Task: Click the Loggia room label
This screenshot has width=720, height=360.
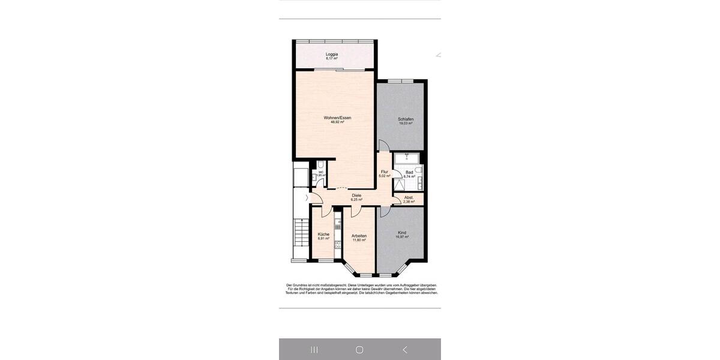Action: coord(332,54)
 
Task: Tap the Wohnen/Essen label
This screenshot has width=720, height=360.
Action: coord(337,118)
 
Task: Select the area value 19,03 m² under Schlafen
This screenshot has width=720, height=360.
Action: coord(406,123)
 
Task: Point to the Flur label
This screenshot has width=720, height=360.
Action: coord(385,172)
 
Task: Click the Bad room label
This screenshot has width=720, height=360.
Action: coord(409,172)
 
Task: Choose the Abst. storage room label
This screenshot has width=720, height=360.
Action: coord(409,197)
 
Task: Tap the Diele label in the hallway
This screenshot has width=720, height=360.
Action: coord(356,195)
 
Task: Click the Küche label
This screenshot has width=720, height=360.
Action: coord(323,234)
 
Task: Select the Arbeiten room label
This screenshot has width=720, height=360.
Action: coord(359,236)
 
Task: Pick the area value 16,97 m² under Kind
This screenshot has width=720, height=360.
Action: coord(401,237)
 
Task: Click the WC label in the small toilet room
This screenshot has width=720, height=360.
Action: coord(321,172)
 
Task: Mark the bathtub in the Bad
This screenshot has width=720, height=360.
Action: coord(407,158)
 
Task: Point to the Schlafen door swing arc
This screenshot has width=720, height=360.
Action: coord(383,146)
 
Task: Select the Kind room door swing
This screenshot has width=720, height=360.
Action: coord(384,212)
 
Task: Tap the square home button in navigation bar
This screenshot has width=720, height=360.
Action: coord(359,349)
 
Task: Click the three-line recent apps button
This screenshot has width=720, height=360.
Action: coord(314,349)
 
